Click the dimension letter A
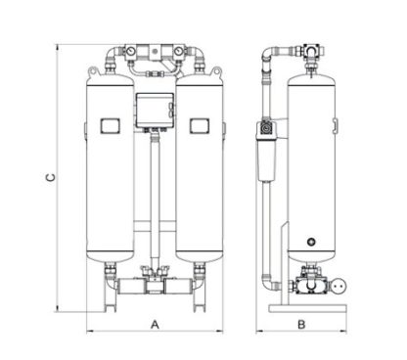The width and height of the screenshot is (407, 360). click(x=155, y=325)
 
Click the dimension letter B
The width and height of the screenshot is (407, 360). click(x=301, y=325)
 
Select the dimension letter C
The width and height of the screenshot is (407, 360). click(x=51, y=177)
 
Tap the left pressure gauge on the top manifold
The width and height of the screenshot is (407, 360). click(x=131, y=52)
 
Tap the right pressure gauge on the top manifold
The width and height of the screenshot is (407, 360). click(x=178, y=52)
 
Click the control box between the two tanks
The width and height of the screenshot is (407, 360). click(x=155, y=111)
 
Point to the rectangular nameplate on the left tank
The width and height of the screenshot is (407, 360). click(x=110, y=125)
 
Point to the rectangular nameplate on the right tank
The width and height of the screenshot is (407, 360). click(x=200, y=125)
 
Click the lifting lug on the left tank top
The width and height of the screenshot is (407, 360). click(x=93, y=71)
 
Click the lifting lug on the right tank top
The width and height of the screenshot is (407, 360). click(x=216, y=71)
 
